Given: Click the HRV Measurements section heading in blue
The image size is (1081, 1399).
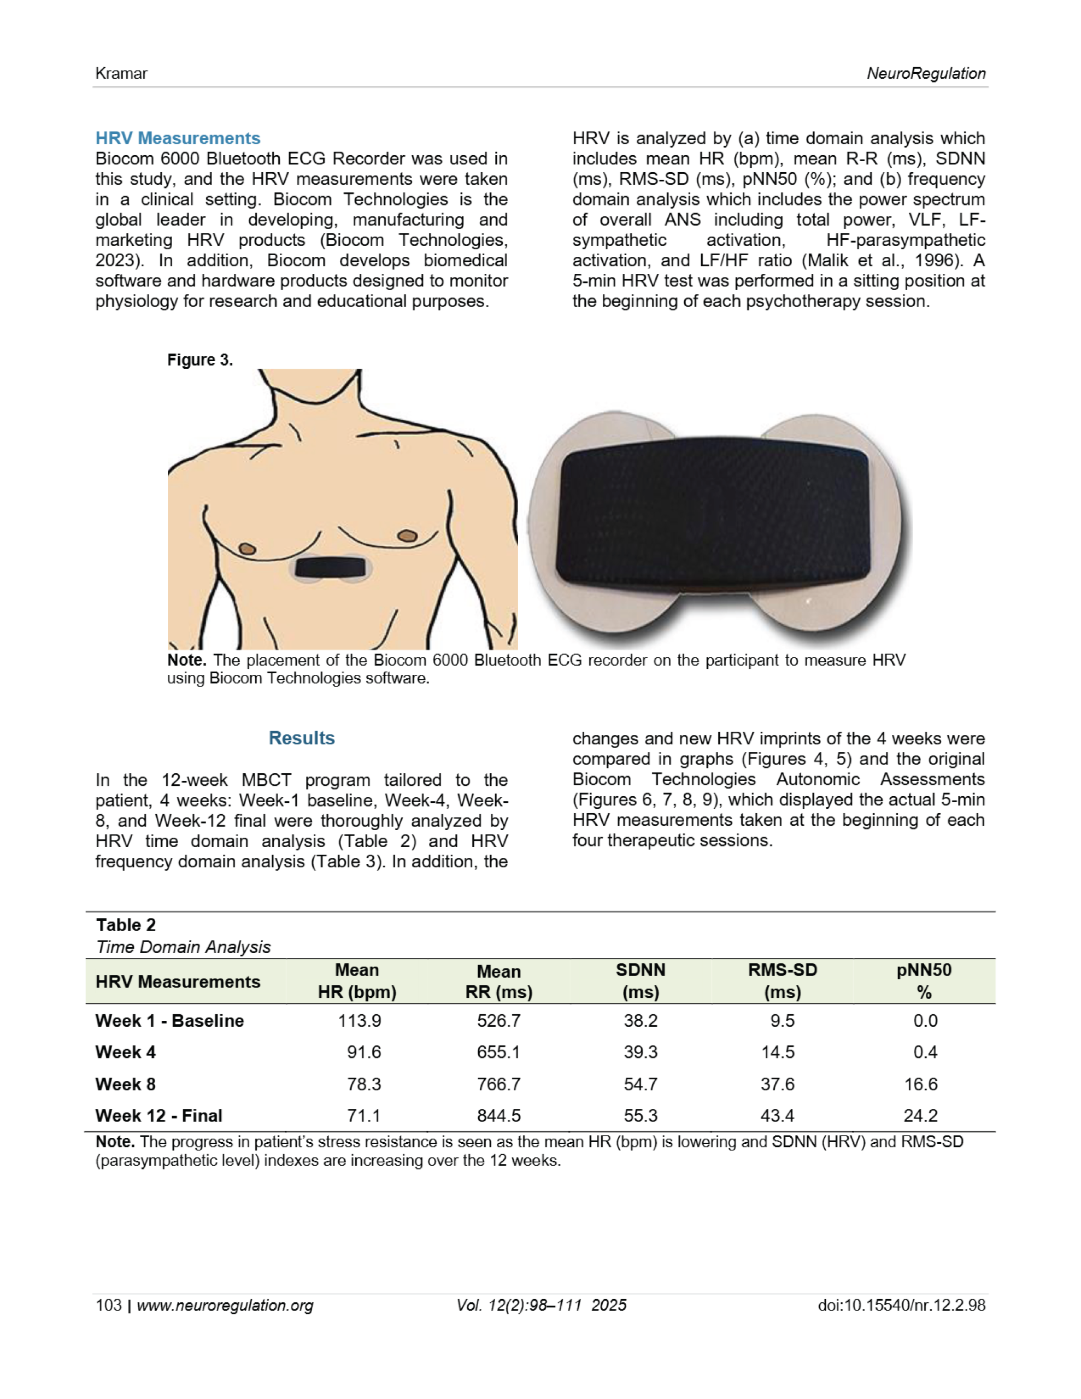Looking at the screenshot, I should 178,138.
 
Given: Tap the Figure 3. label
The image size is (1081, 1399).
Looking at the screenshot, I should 200,360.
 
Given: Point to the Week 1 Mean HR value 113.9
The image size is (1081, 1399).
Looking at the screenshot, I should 360,1020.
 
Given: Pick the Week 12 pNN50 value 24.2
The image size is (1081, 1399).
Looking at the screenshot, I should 920,1115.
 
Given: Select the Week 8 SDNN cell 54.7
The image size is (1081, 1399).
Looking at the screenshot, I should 640,1084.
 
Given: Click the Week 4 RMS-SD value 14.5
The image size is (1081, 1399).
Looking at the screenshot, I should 777,1052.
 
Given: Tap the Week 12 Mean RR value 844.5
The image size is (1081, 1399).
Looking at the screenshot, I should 498,1115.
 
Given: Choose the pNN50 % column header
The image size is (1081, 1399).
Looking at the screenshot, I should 924,981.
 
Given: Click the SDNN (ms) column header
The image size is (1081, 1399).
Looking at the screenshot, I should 640,981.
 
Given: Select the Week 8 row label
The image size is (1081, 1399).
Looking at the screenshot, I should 126,1084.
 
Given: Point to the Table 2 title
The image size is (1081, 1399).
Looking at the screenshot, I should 126,925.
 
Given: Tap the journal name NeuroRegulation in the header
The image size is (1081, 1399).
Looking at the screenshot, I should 926,74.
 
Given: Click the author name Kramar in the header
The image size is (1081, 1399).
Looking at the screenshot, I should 121,74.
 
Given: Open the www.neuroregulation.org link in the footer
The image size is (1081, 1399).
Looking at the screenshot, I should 225,1306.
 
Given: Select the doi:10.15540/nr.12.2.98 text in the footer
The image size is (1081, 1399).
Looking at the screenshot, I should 901,1306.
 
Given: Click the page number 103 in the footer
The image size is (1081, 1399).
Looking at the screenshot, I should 108,1306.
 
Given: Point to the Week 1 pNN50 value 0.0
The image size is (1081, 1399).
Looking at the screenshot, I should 925,1020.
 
